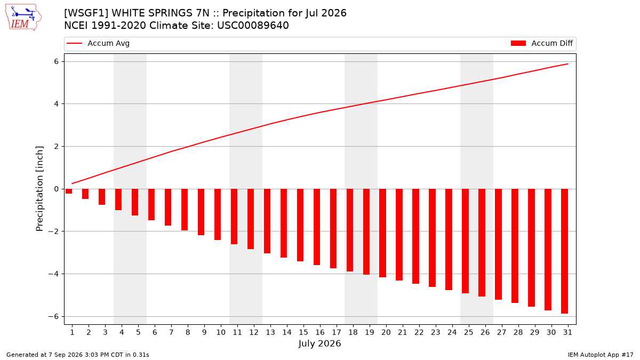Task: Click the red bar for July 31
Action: coord(564,251)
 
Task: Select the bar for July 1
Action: coord(69,191)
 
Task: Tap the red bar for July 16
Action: coord(317,227)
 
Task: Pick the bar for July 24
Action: coord(449,239)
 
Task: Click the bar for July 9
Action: coord(201,212)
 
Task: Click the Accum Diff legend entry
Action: coord(542,43)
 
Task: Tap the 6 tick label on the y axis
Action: coord(57,62)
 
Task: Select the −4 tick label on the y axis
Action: coord(53,274)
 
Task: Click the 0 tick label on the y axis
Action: coord(57,189)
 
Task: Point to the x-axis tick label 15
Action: coord(303,332)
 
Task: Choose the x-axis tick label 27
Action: coord(502,332)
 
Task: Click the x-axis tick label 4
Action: coord(122,332)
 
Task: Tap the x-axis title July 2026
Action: coord(319,343)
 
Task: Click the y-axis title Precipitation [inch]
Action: coord(39,189)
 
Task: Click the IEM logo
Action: coord(23,18)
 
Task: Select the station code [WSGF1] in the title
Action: coord(86,13)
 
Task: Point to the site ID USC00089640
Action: coord(253,26)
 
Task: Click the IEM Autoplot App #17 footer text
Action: coord(601,355)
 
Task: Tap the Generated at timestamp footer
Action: coord(78,355)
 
